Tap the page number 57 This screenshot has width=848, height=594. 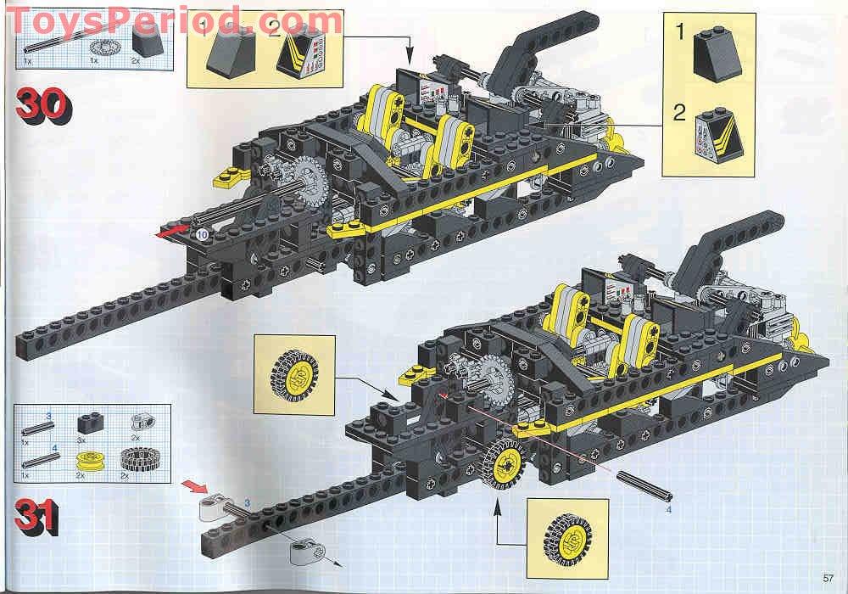pos(828,578)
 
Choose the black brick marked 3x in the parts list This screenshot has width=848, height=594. pos(87,422)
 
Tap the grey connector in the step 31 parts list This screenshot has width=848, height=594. pos(140,420)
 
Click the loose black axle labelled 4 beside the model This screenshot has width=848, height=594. pos(644,486)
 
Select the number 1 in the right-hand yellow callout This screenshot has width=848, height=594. pos(679,34)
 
